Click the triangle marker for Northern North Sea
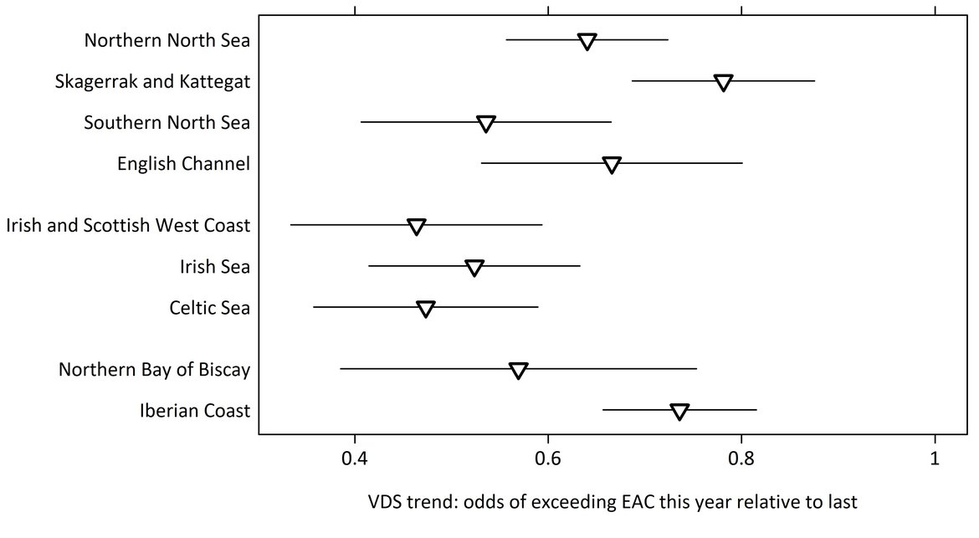coord(587,42)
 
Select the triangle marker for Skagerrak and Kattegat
coord(724,83)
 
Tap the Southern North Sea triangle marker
coord(486,124)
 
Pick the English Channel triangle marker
coord(612,165)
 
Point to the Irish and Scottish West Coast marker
coord(417,227)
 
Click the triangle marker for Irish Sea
coord(474,268)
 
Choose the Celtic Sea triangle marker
coord(426,310)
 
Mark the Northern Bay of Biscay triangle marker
coord(519,371)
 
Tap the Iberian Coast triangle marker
coord(679,412)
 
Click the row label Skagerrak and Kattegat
coord(152,82)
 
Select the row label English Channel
coord(183,164)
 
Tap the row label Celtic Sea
coord(209,309)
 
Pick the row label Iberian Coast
coord(195,411)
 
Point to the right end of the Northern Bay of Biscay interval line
coord(696,368)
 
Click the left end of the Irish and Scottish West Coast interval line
coord(291,225)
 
